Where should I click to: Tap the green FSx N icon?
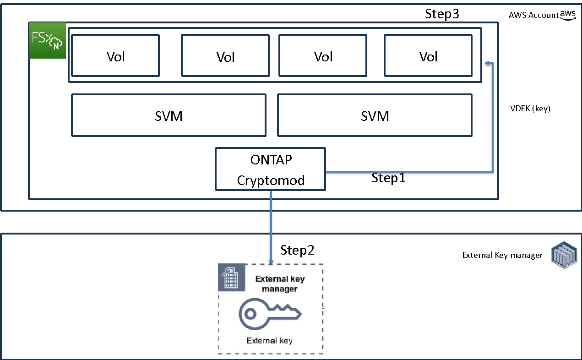pos(48,40)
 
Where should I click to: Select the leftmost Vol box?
pos(115,56)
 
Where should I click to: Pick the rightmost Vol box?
pos(428,56)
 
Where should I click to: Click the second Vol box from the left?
pos(225,56)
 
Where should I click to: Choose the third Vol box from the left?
pos(323,56)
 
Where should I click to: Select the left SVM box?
pos(169,115)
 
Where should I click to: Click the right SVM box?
pos(375,115)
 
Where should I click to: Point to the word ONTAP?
pos(271,160)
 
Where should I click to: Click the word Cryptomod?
pos(271,180)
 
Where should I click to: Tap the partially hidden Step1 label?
pos(388,176)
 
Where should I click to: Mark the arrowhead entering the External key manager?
pos(271,262)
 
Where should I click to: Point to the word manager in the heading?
pos(280,289)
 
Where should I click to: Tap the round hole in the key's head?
pos(250,314)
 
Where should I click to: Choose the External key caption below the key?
pos(269,340)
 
